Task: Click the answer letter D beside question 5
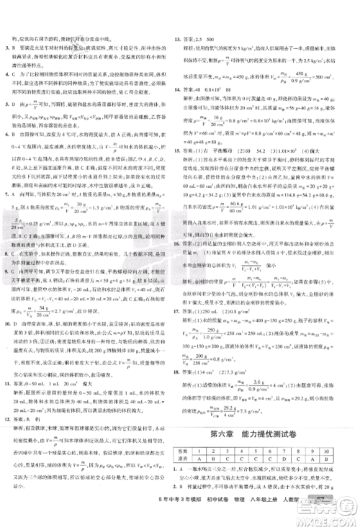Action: tap(17, 105)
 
